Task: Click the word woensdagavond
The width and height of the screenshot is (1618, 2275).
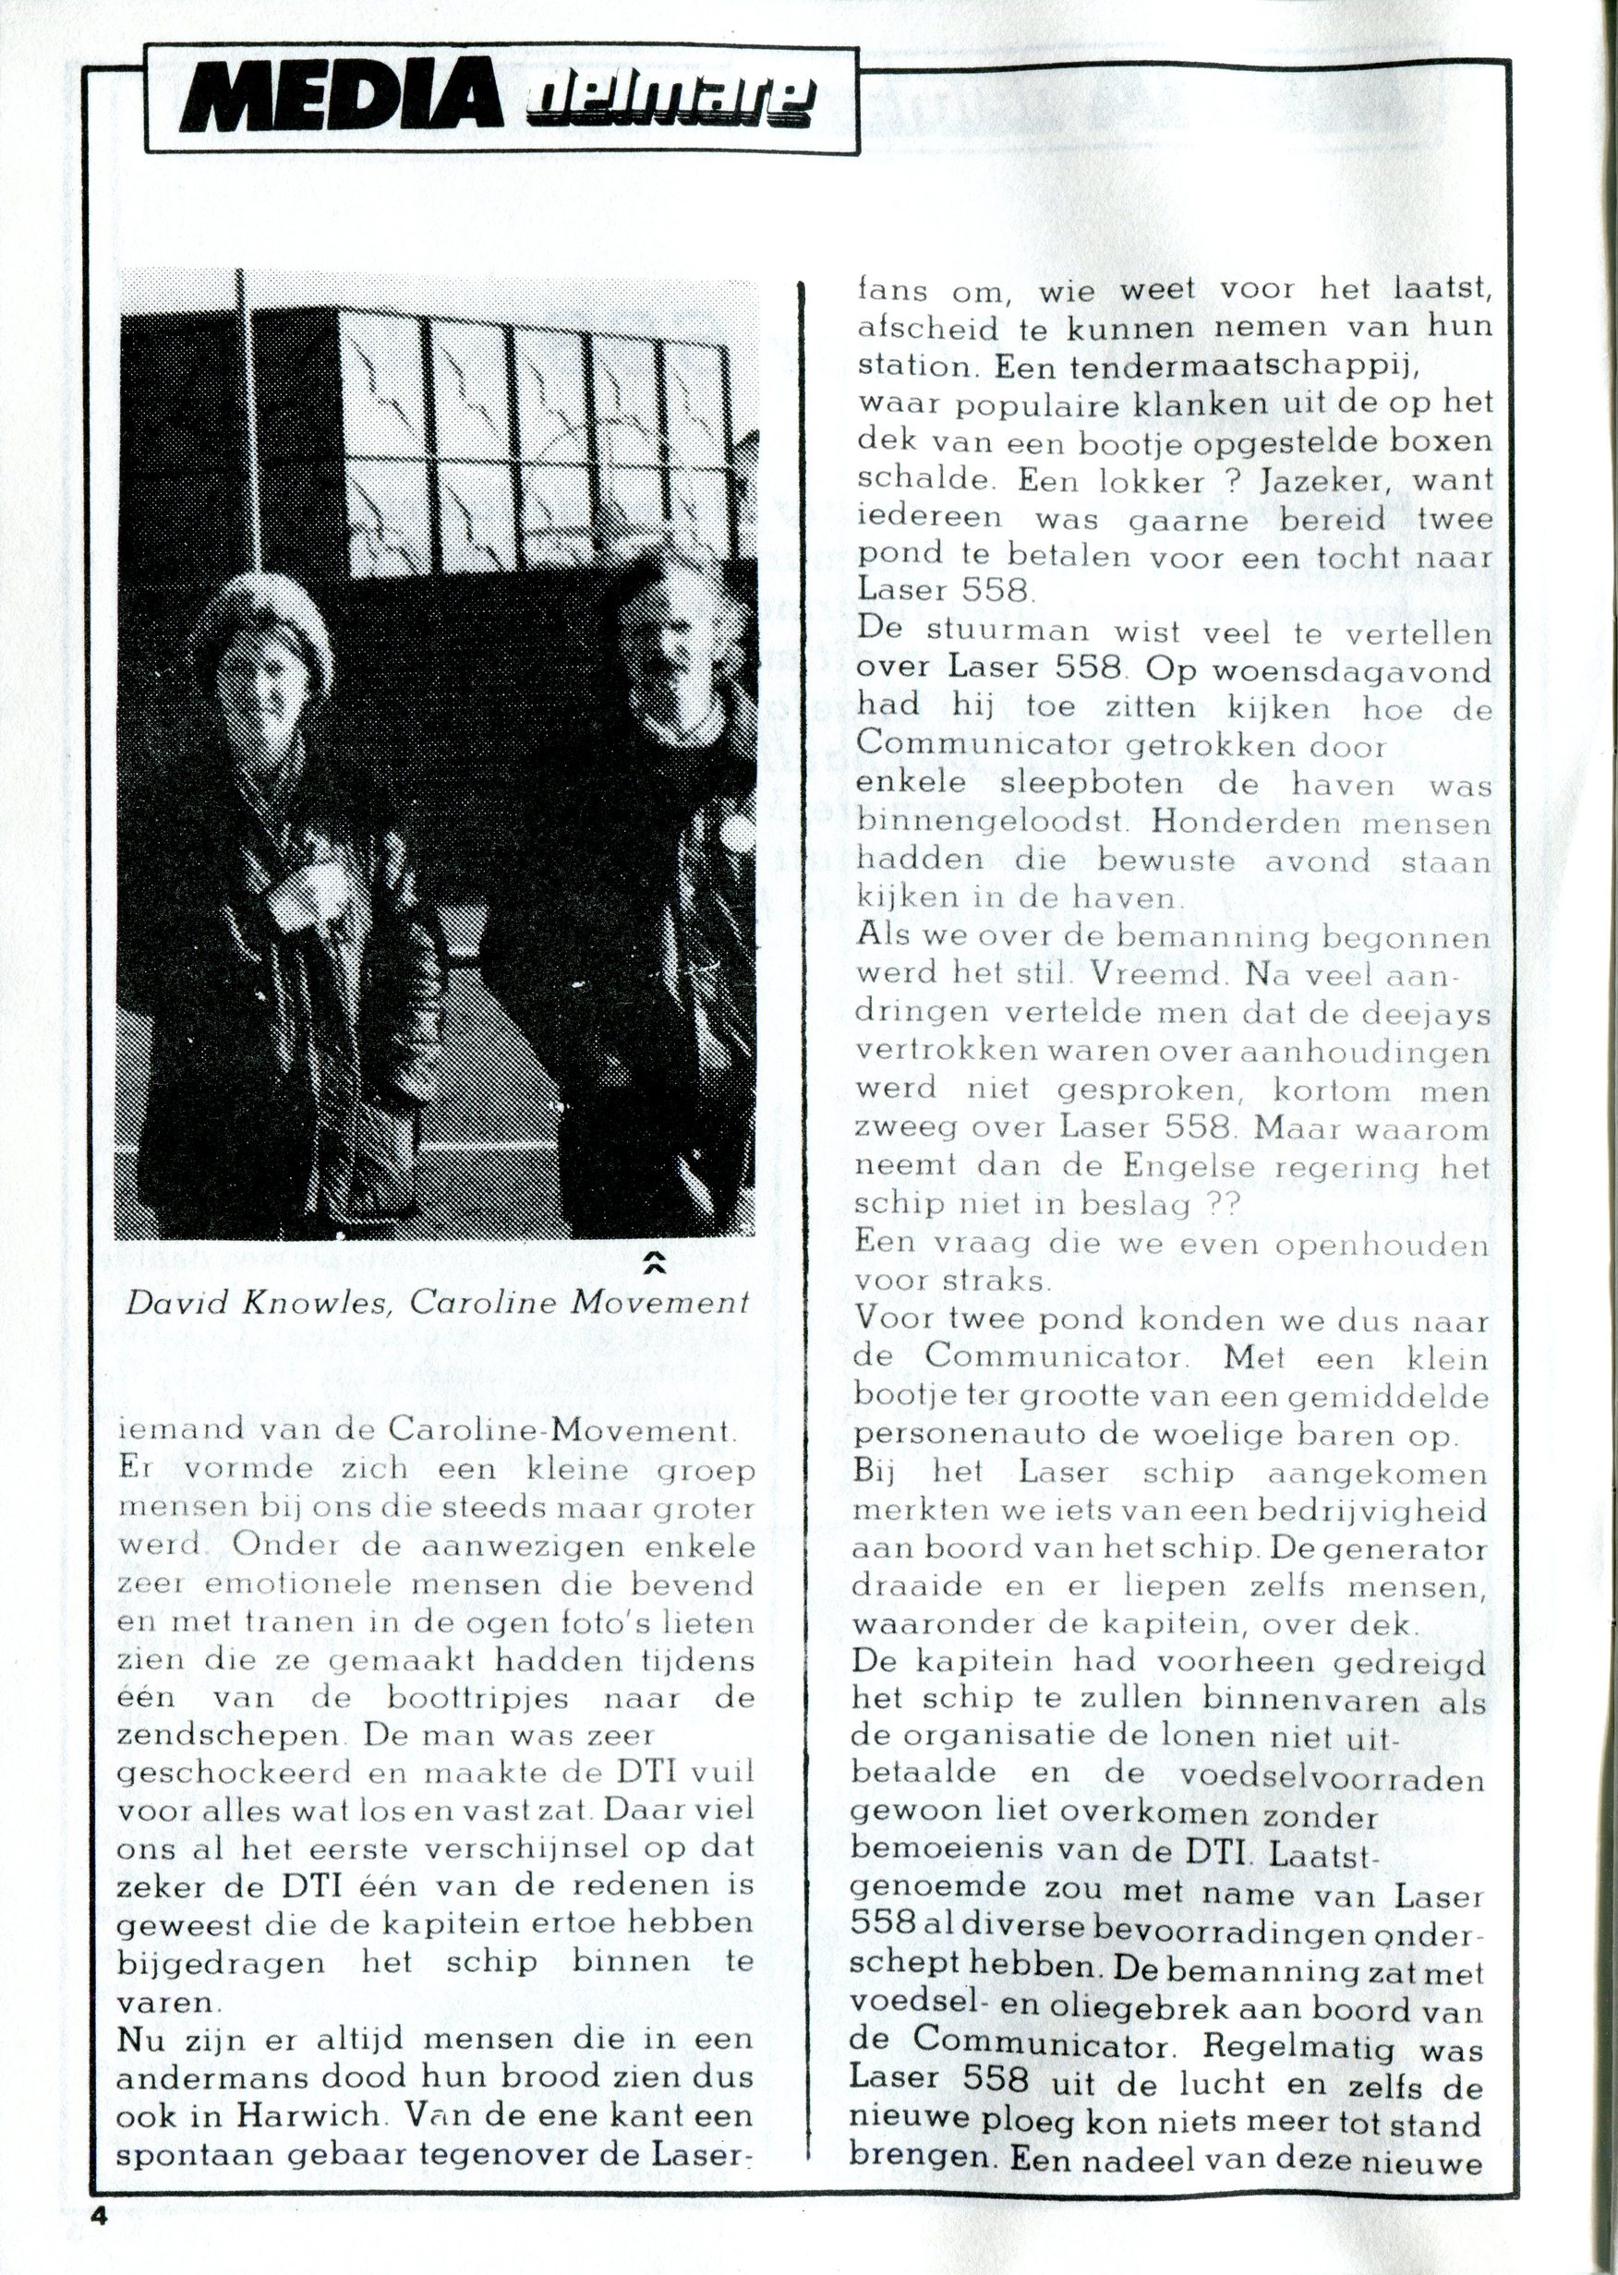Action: (1351, 670)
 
